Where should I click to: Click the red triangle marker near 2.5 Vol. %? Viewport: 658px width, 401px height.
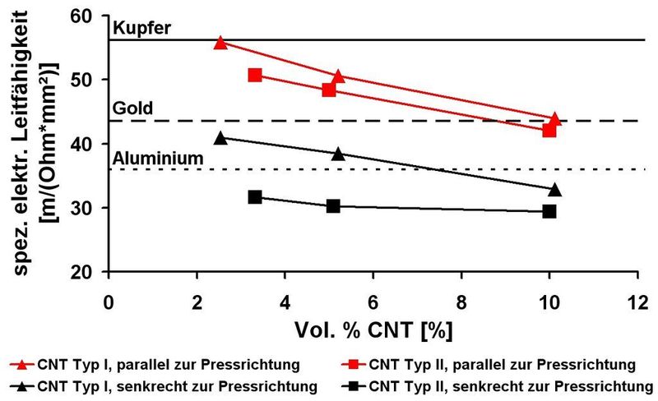pos(220,43)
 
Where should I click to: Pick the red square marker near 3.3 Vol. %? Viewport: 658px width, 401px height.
pos(254,75)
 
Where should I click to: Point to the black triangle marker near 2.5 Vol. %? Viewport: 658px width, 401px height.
pos(220,138)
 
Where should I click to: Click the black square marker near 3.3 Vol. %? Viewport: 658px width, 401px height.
pos(254,197)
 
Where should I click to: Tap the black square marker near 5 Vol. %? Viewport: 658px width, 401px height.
pos(333,205)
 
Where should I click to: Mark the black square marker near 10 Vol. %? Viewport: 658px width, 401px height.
pos(549,211)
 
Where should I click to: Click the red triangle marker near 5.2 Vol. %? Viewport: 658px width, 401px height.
pos(337,76)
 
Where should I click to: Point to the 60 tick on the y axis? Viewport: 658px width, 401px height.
pos(86,16)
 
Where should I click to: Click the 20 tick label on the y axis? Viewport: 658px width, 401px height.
pos(86,273)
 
